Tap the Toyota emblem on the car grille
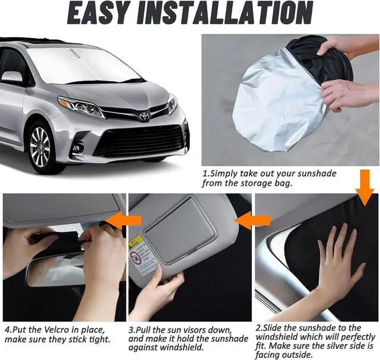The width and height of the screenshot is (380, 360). (x=143, y=116)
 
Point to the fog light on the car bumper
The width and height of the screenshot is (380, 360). (x=76, y=148)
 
